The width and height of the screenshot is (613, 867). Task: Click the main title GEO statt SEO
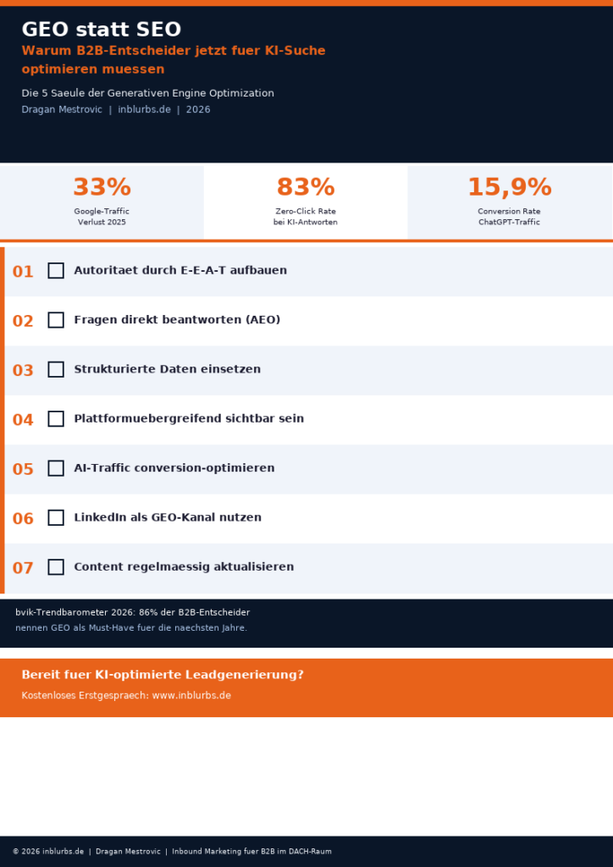(x=101, y=30)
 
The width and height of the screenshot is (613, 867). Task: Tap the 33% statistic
(x=102, y=187)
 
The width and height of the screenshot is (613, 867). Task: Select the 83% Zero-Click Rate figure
(x=306, y=187)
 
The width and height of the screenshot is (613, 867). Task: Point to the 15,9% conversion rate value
(x=509, y=187)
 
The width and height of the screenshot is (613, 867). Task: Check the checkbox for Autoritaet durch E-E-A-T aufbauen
(x=56, y=271)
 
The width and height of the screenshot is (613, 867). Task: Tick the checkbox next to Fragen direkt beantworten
(x=56, y=320)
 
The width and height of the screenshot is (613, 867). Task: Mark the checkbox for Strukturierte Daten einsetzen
(x=56, y=369)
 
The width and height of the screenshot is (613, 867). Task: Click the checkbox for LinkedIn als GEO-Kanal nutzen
(x=56, y=517)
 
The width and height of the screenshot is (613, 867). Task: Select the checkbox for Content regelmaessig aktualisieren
(x=56, y=566)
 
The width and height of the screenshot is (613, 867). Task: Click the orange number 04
(x=23, y=420)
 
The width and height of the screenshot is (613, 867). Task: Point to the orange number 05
(x=23, y=469)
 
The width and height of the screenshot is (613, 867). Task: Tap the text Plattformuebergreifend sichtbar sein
(x=188, y=418)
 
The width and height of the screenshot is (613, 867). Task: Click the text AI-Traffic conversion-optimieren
(x=174, y=468)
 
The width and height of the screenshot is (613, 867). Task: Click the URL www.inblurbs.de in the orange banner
(x=191, y=695)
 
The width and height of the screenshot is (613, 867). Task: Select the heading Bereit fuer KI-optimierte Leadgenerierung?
(x=162, y=675)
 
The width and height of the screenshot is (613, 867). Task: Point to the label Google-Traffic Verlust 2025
(x=102, y=217)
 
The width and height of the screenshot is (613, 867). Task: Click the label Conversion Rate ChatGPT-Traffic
(x=509, y=217)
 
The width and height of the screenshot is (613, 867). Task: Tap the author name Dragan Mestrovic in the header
(x=62, y=109)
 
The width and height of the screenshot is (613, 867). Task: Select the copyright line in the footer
(x=172, y=851)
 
